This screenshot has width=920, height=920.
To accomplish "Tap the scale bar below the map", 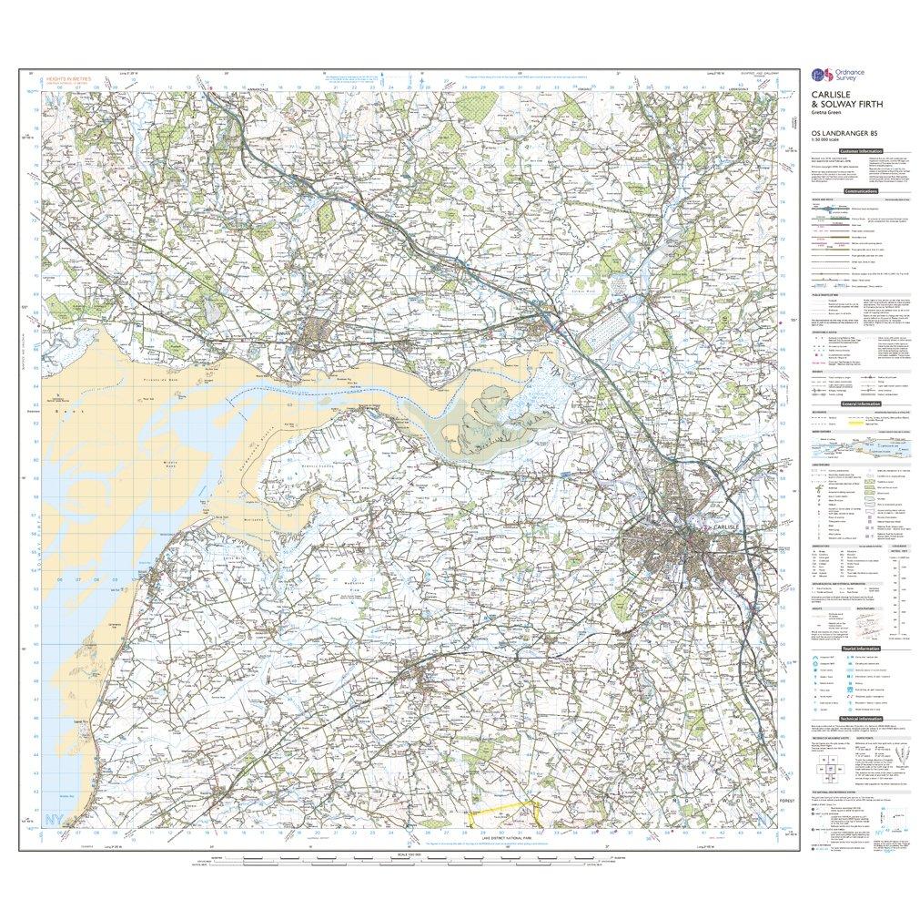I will [400, 859].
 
